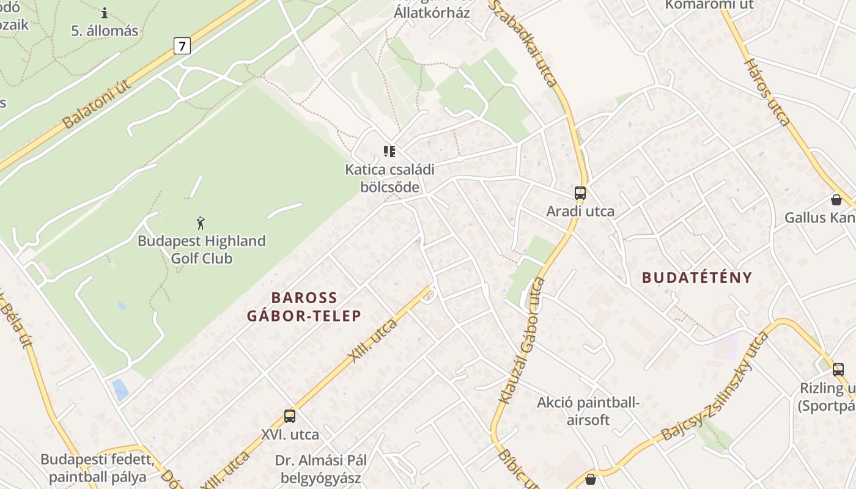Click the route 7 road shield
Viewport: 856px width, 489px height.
[x=182, y=45]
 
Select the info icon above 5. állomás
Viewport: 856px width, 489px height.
[x=105, y=13]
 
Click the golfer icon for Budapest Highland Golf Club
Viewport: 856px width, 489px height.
[x=201, y=223]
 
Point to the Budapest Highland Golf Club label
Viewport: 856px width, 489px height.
[x=201, y=249]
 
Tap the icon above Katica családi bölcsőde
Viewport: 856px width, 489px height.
[x=389, y=152]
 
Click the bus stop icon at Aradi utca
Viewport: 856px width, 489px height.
[x=580, y=193]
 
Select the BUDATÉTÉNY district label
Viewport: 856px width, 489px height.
[x=696, y=278]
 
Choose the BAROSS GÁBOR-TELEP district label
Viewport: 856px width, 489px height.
[x=304, y=307]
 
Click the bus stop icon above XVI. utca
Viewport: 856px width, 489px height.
[x=290, y=416]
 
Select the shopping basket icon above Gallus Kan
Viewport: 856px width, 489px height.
[x=836, y=200]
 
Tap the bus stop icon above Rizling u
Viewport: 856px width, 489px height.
[x=838, y=369]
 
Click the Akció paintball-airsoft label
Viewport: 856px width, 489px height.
[x=588, y=411]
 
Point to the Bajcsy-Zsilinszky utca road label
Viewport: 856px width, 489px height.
[x=715, y=388]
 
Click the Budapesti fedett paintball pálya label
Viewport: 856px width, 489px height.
[x=97, y=468]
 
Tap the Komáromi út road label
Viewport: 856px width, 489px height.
[x=709, y=5]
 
